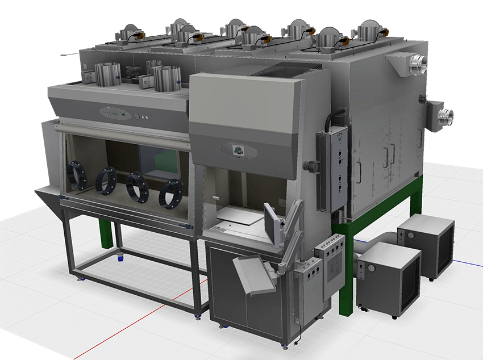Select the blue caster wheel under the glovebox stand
click(120, 258)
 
